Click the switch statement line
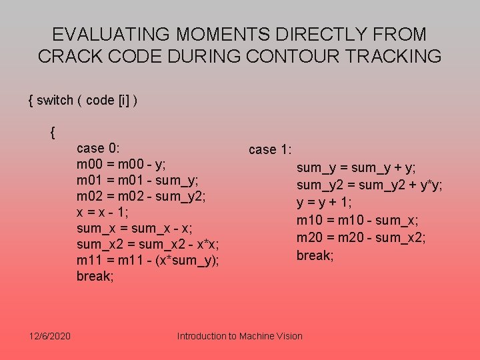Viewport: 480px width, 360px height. coord(83,100)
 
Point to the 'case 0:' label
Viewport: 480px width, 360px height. coord(99,148)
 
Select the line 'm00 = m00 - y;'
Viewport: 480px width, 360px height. coord(121,164)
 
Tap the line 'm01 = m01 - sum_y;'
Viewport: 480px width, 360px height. coord(137,180)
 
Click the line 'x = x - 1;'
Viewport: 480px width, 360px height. coord(103,212)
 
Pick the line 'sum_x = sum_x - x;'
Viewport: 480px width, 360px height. coord(133,228)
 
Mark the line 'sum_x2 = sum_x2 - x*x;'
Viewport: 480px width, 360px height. coord(148,244)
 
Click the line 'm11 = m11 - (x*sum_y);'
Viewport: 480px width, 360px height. coord(147,260)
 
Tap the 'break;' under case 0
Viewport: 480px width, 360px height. coord(95,276)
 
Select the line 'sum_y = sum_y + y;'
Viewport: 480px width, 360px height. coord(356,167)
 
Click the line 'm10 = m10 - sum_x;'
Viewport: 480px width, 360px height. coord(357,220)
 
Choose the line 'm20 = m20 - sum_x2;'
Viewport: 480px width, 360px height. coord(361,237)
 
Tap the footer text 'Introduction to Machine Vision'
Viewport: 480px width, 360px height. coord(239,336)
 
